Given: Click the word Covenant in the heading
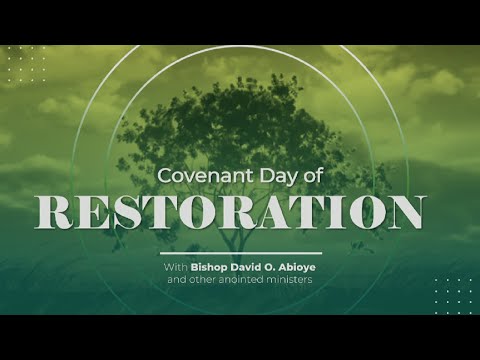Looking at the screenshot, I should click(x=198, y=175).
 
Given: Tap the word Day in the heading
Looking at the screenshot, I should click(x=263, y=176).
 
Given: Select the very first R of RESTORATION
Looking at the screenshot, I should click(x=57, y=212).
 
